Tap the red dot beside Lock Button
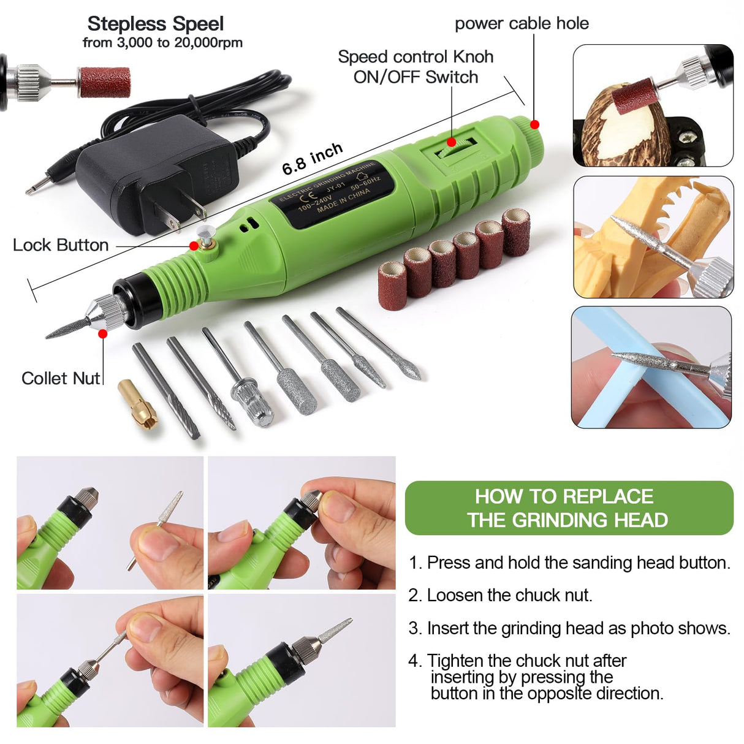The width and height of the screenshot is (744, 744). pos(194,246)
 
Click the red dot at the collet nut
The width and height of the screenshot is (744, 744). pos(102,334)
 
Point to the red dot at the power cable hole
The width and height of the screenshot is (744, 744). pos(534,124)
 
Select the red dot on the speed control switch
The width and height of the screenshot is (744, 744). pos(452,142)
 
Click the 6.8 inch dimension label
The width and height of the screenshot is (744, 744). pos(312,159)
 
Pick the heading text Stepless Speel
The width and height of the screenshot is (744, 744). pos(156,24)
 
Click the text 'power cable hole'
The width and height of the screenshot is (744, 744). pos(522,24)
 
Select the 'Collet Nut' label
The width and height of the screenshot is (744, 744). pos(60,378)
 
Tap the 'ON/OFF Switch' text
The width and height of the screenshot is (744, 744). pos(416,77)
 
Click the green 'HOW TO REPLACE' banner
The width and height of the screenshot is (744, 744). pos(569,508)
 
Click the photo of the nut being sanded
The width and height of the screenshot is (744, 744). pos(653,105)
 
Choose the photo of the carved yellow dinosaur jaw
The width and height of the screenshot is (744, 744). pos(653,237)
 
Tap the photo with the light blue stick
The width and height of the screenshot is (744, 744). pos(651,367)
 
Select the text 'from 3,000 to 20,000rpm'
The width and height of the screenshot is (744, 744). pos(162,43)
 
